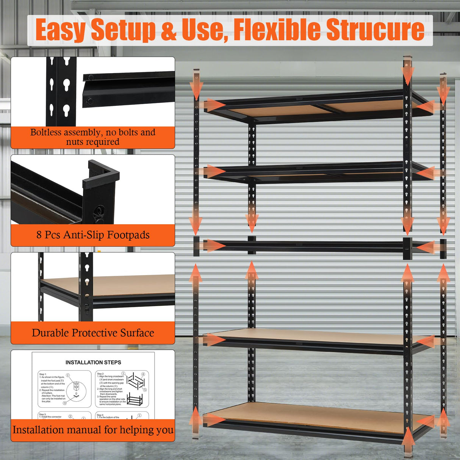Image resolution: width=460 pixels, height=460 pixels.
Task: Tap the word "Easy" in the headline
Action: pyautogui.click(x=60, y=30)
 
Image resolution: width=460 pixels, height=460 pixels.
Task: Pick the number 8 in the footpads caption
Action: pyautogui.click(x=39, y=235)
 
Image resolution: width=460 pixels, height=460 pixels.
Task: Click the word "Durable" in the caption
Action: pyautogui.click(x=50, y=333)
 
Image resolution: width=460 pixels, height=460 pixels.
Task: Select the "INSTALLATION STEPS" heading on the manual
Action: pyautogui.click(x=93, y=362)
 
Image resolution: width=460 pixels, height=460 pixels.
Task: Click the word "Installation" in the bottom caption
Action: pyautogui.click(x=38, y=430)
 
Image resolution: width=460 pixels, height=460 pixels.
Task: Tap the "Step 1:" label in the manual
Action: pyautogui.click(x=42, y=374)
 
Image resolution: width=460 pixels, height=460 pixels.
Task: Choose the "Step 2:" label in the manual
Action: pyautogui.click(x=100, y=374)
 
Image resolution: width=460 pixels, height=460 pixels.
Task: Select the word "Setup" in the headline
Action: pyautogui.click(x=123, y=30)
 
